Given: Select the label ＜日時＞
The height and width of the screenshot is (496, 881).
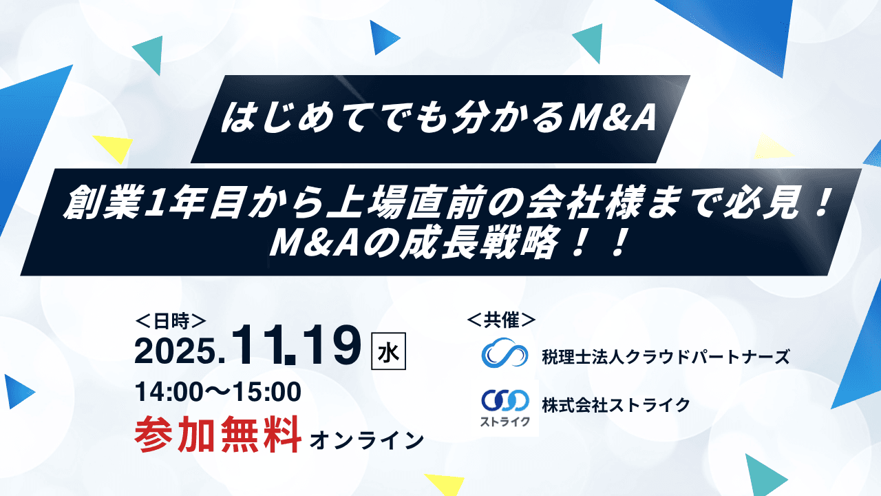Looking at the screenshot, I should (170, 320).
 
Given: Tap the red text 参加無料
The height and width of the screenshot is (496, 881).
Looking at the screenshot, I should (218, 434).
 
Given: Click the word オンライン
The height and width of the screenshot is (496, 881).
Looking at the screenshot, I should (367, 440).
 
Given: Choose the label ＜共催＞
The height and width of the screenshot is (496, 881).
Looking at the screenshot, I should (502, 320).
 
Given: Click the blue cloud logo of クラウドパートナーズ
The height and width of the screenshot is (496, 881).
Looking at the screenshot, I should (505, 355).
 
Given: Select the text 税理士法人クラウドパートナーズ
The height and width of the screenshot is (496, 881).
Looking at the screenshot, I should (666, 357).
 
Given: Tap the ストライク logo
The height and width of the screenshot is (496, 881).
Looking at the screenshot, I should (506, 408).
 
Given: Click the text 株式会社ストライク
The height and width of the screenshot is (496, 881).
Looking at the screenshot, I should (615, 405).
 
